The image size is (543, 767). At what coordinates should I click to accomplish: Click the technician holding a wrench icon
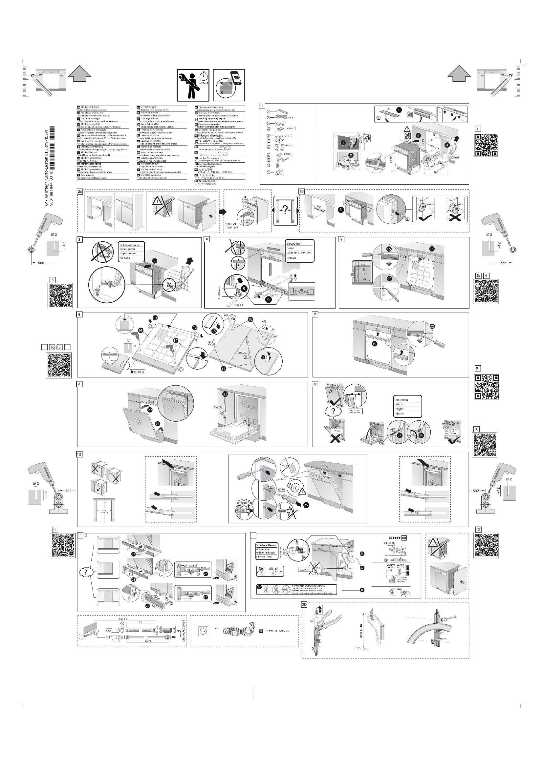[193, 85]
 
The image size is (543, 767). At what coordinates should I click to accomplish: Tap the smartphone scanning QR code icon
[229, 85]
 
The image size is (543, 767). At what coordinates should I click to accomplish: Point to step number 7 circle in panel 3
[155, 260]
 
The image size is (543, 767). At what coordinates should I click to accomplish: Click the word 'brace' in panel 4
[290, 248]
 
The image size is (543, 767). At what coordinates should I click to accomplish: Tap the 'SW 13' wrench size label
[239, 305]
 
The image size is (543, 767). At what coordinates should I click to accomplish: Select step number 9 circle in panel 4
[268, 299]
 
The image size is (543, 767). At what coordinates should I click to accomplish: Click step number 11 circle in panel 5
[432, 249]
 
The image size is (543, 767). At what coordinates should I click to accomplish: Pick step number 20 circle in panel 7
[432, 326]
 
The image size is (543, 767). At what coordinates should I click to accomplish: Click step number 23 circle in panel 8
[225, 394]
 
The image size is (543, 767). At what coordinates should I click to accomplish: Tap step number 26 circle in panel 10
[306, 505]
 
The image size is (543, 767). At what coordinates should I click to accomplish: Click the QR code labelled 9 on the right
[487, 387]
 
